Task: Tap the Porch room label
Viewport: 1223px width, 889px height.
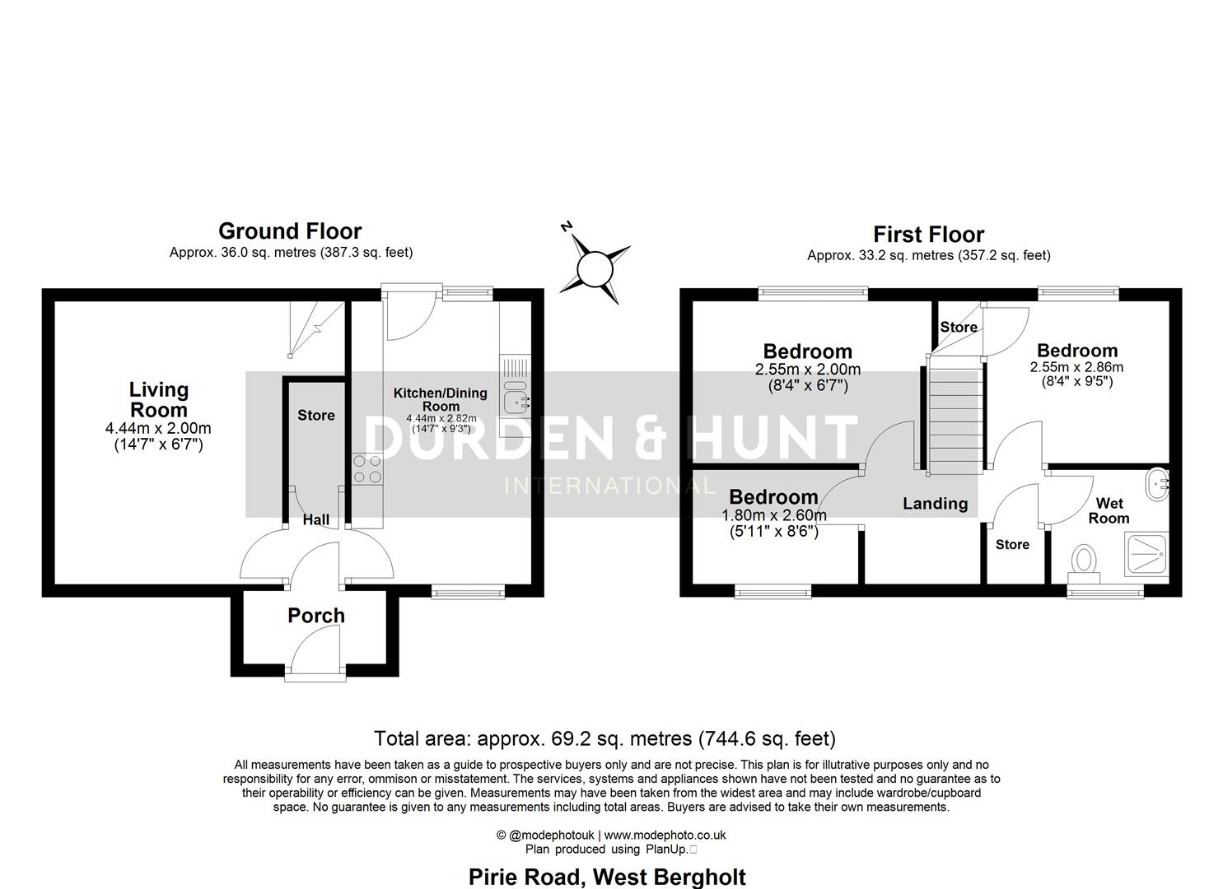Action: pyautogui.click(x=316, y=616)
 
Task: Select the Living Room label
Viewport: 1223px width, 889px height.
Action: pyautogui.click(x=158, y=400)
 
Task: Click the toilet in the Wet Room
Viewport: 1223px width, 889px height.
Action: pyautogui.click(x=1085, y=561)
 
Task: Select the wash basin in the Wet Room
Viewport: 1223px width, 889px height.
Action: pyautogui.click(x=1157, y=483)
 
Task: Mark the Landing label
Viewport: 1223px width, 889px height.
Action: pyautogui.click(x=935, y=504)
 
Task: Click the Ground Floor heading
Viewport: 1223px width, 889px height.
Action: pyautogui.click(x=290, y=231)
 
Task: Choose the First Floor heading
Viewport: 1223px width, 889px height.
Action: pyautogui.click(x=928, y=235)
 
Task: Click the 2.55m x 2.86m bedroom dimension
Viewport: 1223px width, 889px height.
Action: pyautogui.click(x=1076, y=368)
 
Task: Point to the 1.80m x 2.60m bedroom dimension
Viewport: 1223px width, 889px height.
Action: pyautogui.click(x=774, y=516)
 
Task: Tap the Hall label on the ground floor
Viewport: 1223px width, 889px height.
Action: pyautogui.click(x=316, y=519)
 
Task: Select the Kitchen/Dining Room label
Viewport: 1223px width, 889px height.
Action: pyautogui.click(x=440, y=399)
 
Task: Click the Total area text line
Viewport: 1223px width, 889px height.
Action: pyautogui.click(x=604, y=738)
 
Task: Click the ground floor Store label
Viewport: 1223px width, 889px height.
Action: pyautogui.click(x=316, y=416)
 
